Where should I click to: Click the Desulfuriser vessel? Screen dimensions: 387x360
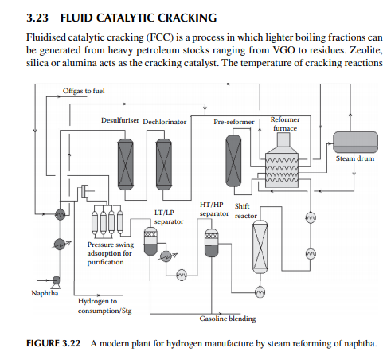click(125, 164)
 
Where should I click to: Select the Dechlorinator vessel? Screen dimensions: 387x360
click(163, 164)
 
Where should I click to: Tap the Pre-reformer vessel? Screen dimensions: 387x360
click(233, 161)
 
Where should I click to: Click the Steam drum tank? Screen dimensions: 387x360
click(355, 142)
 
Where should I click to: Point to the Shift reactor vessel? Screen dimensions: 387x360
click(260, 247)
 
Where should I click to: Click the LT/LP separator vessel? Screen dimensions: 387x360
click(150, 241)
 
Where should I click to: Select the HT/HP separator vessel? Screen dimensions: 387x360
click(212, 243)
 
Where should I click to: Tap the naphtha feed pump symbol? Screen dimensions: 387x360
click(57, 281)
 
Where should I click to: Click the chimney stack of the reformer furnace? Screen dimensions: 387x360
click(283, 139)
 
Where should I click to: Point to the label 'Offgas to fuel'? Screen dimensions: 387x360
click(84, 91)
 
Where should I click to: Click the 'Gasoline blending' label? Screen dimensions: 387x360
click(228, 319)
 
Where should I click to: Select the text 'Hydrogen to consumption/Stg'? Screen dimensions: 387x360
click(104, 306)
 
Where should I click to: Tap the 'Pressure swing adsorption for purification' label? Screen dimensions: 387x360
click(111, 253)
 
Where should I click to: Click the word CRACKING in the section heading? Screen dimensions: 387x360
click(187, 18)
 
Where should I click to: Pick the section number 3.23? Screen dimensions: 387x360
click(37, 18)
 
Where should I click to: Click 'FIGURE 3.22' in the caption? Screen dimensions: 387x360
click(53, 343)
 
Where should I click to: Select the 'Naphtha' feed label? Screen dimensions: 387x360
click(45, 293)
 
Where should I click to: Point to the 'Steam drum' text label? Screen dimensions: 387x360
click(355, 158)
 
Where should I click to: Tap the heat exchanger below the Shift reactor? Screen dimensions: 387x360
click(260, 292)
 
